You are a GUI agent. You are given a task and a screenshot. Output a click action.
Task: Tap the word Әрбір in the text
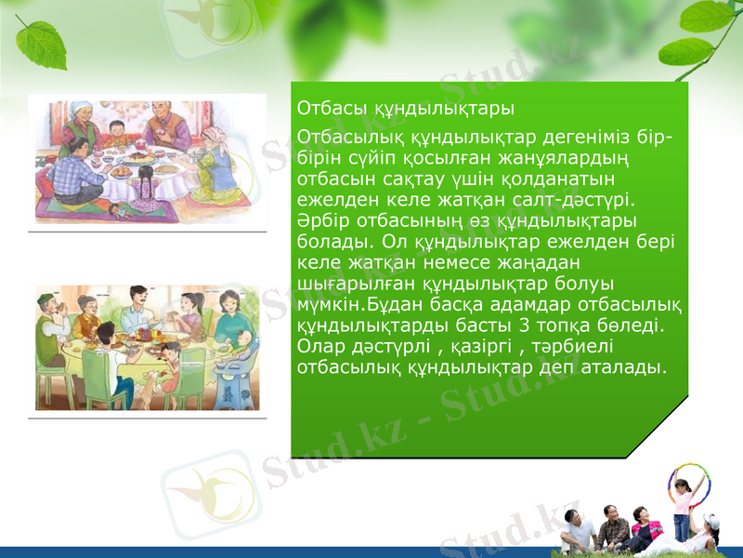click(319, 219)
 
